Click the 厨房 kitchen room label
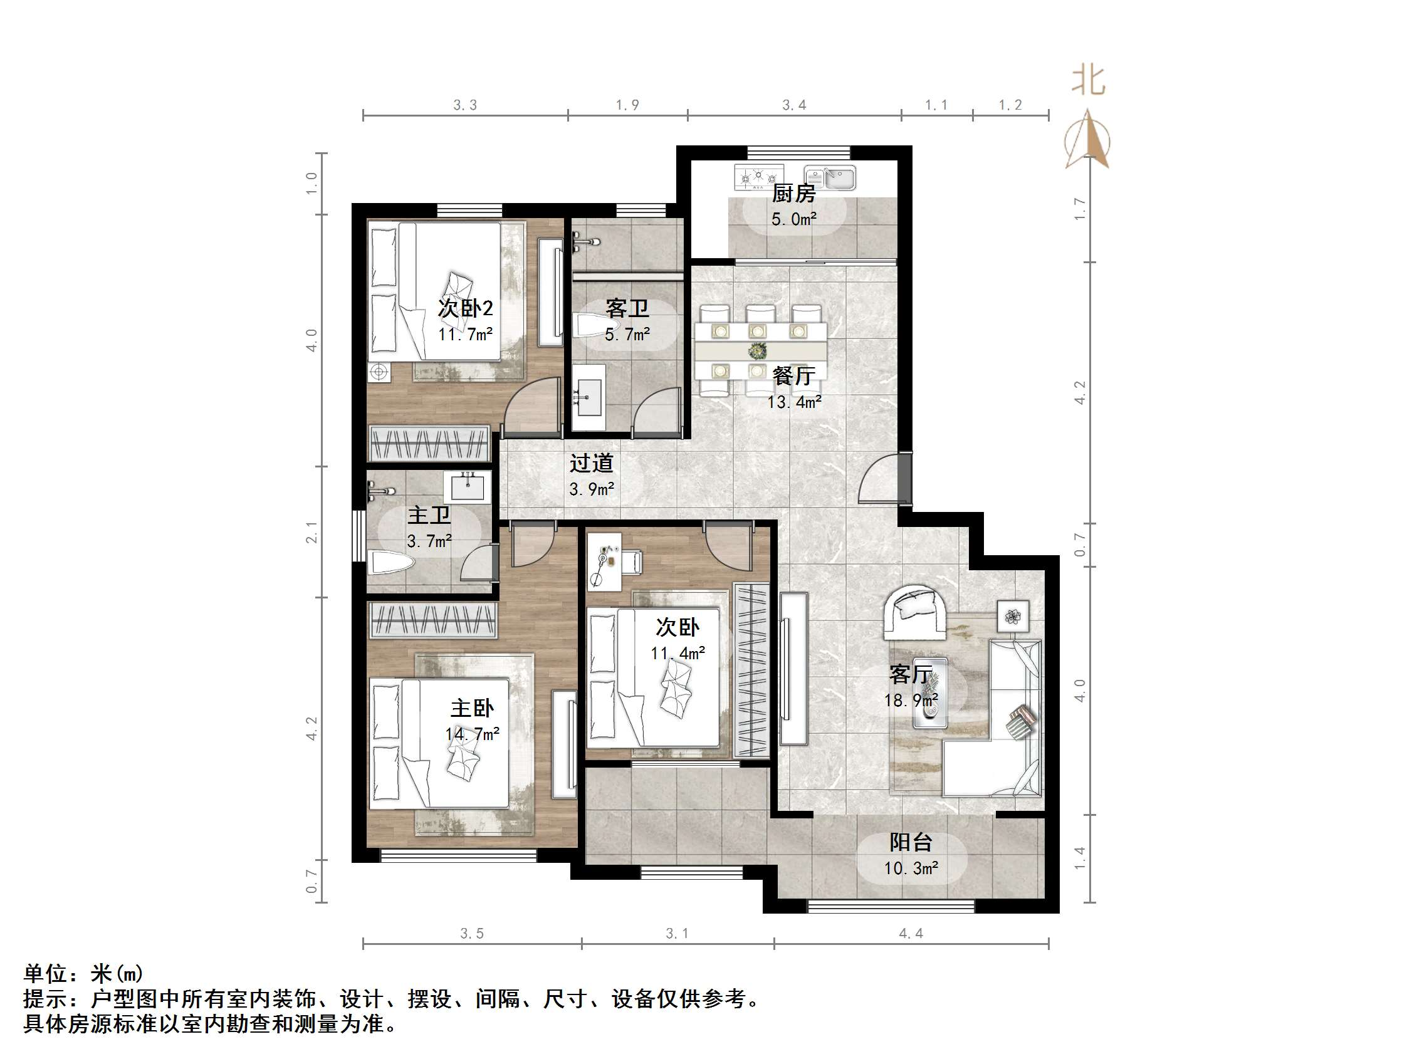point(793,193)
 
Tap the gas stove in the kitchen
point(758,177)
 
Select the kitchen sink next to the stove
point(830,177)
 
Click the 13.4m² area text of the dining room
point(794,402)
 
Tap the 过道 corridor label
point(591,463)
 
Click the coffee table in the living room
point(929,692)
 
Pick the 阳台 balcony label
point(911,843)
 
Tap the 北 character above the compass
point(1088,81)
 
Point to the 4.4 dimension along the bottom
point(911,933)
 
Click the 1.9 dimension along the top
point(627,105)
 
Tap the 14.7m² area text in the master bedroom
point(472,734)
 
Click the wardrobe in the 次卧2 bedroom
point(429,442)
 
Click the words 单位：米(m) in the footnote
point(83,973)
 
